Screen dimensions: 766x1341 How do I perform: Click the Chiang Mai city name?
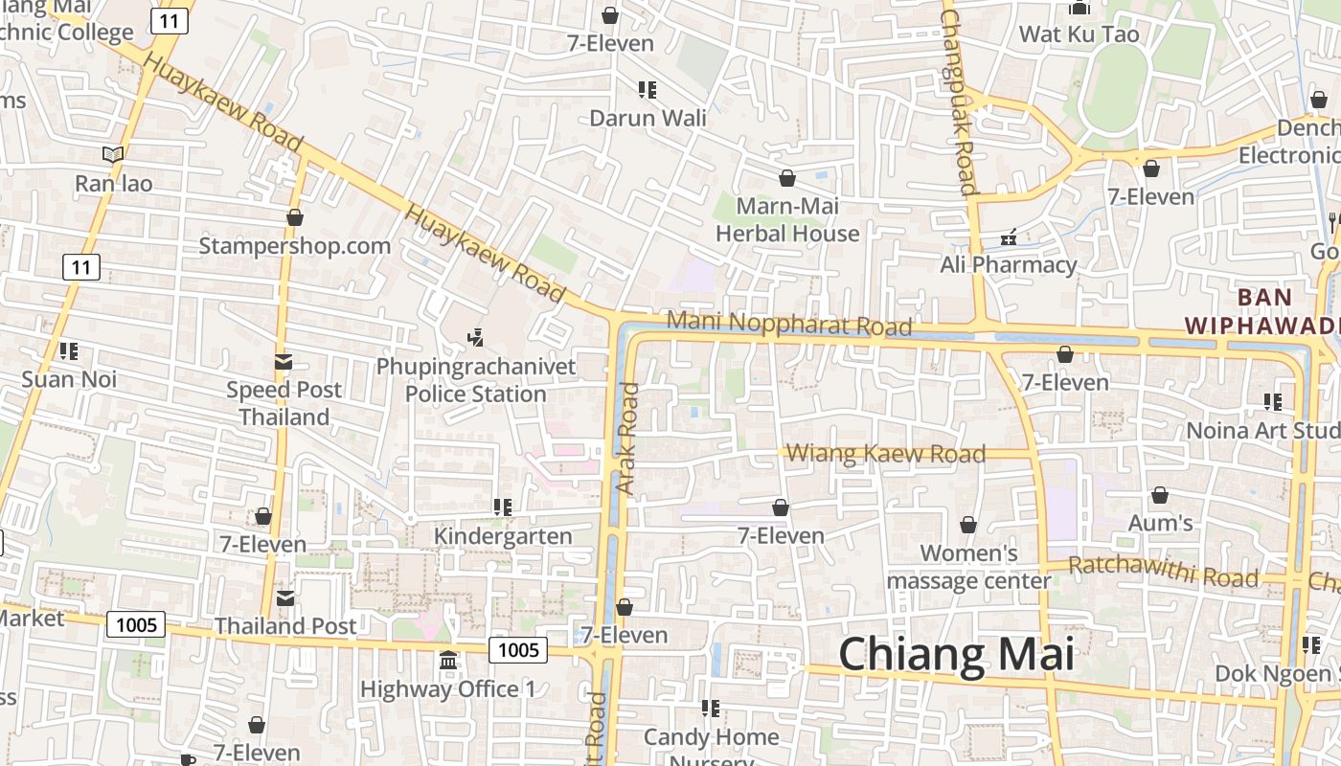(x=956, y=656)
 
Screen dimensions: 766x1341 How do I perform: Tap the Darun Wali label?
(x=648, y=118)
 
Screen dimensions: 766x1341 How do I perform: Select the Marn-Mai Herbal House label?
(x=787, y=220)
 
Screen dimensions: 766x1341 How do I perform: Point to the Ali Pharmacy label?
(x=1009, y=264)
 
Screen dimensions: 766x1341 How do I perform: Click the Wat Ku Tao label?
(x=1079, y=34)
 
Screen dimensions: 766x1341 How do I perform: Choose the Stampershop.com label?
(x=294, y=246)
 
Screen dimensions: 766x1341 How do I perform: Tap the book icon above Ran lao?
(x=113, y=154)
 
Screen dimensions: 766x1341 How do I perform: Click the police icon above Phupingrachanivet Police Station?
(x=475, y=337)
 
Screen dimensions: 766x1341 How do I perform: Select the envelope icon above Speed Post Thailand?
(x=284, y=362)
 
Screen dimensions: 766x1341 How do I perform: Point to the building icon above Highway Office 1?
(x=447, y=661)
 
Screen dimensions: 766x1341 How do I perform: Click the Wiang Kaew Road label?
(x=885, y=454)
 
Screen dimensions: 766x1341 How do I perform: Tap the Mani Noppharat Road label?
(x=789, y=323)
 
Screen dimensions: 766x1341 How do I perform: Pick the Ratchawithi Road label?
(x=1163, y=572)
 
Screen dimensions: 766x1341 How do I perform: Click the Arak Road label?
(x=627, y=439)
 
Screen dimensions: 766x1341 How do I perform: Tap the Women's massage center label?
(x=968, y=567)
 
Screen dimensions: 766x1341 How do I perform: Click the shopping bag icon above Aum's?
(x=1159, y=496)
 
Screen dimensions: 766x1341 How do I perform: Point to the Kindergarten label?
(x=503, y=536)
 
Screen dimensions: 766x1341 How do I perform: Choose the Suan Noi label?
(x=69, y=379)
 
